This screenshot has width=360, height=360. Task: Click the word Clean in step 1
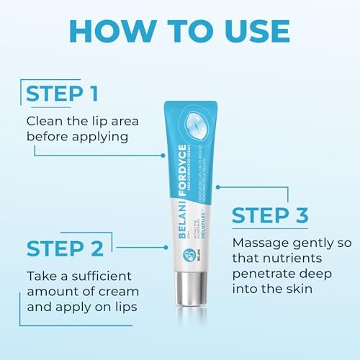click(44, 120)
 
